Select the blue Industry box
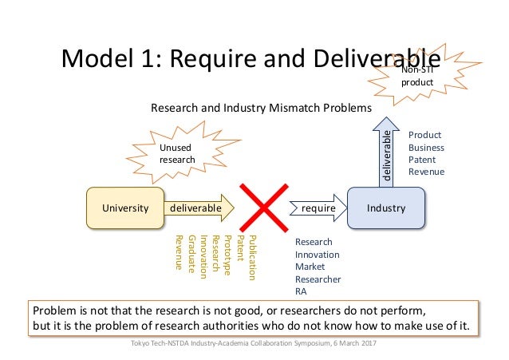click(x=386, y=208)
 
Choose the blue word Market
click(x=309, y=267)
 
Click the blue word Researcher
click(x=318, y=279)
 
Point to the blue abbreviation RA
click(x=302, y=292)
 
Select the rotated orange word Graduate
click(x=192, y=255)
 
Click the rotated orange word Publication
click(x=253, y=258)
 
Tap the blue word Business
click(x=426, y=148)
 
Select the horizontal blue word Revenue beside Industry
click(x=426, y=172)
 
